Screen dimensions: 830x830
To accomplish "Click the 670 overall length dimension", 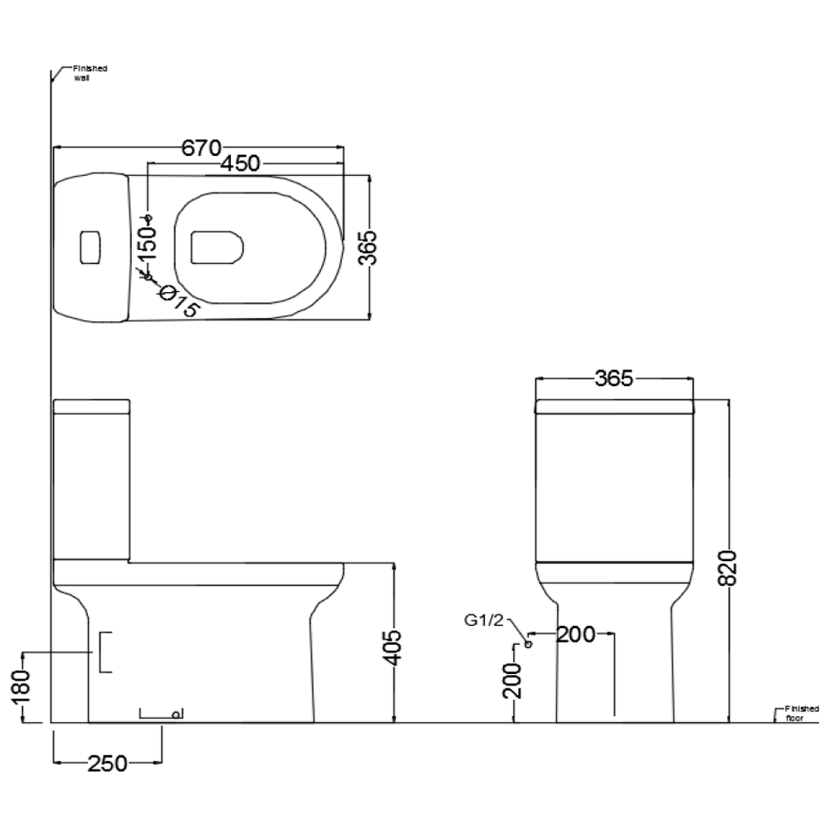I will point(200,148).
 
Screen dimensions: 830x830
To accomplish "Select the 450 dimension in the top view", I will point(240,164).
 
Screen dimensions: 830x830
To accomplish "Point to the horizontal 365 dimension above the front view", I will point(613,378).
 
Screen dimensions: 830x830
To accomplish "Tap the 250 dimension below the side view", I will point(107,763).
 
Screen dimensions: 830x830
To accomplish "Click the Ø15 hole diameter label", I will point(178,300).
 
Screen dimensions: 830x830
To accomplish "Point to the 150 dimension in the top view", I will point(147,245).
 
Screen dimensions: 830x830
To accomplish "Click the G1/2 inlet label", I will point(484,620).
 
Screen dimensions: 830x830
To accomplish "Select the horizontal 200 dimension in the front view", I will point(575,635).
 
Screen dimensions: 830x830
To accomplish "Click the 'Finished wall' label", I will point(90,73).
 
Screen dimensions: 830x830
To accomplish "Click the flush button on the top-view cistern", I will point(90,247).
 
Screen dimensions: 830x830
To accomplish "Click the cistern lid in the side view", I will point(91,407).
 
